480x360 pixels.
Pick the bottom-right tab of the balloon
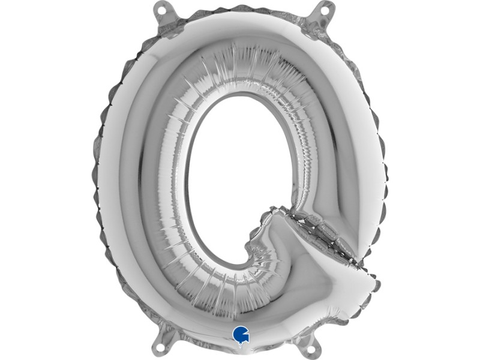tap(314, 345)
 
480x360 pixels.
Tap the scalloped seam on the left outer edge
tap(98, 180)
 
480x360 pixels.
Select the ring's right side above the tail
tap(336, 150)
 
